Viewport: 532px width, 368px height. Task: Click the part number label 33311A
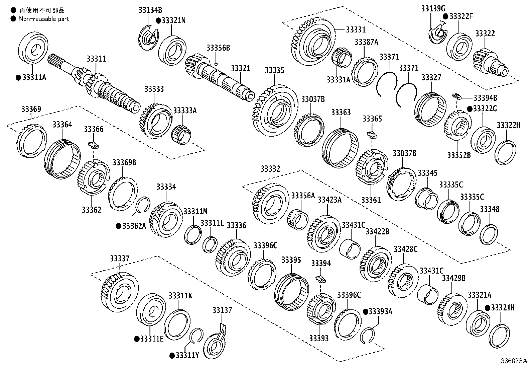[x=34, y=78]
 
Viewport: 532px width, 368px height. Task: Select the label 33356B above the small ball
[x=218, y=48]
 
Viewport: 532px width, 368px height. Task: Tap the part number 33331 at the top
[x=356, y=30]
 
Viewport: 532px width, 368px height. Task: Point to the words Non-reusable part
[x=44, y=19]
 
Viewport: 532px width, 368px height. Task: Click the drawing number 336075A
[x=513, y=361]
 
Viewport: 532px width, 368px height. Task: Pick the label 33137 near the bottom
[x=222, y=310]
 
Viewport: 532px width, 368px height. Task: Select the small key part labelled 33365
[x=372, y=135]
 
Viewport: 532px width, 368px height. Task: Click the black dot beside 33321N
[x=158, y=20]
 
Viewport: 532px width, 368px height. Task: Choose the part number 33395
[x=291, y=260]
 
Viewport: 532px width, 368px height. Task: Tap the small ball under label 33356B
[x=216, y=64]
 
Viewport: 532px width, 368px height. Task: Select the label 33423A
[x=329, y=200]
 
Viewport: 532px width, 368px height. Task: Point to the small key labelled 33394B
[x=457, y=97]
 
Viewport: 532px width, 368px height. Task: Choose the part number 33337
[x=120, y=259]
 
